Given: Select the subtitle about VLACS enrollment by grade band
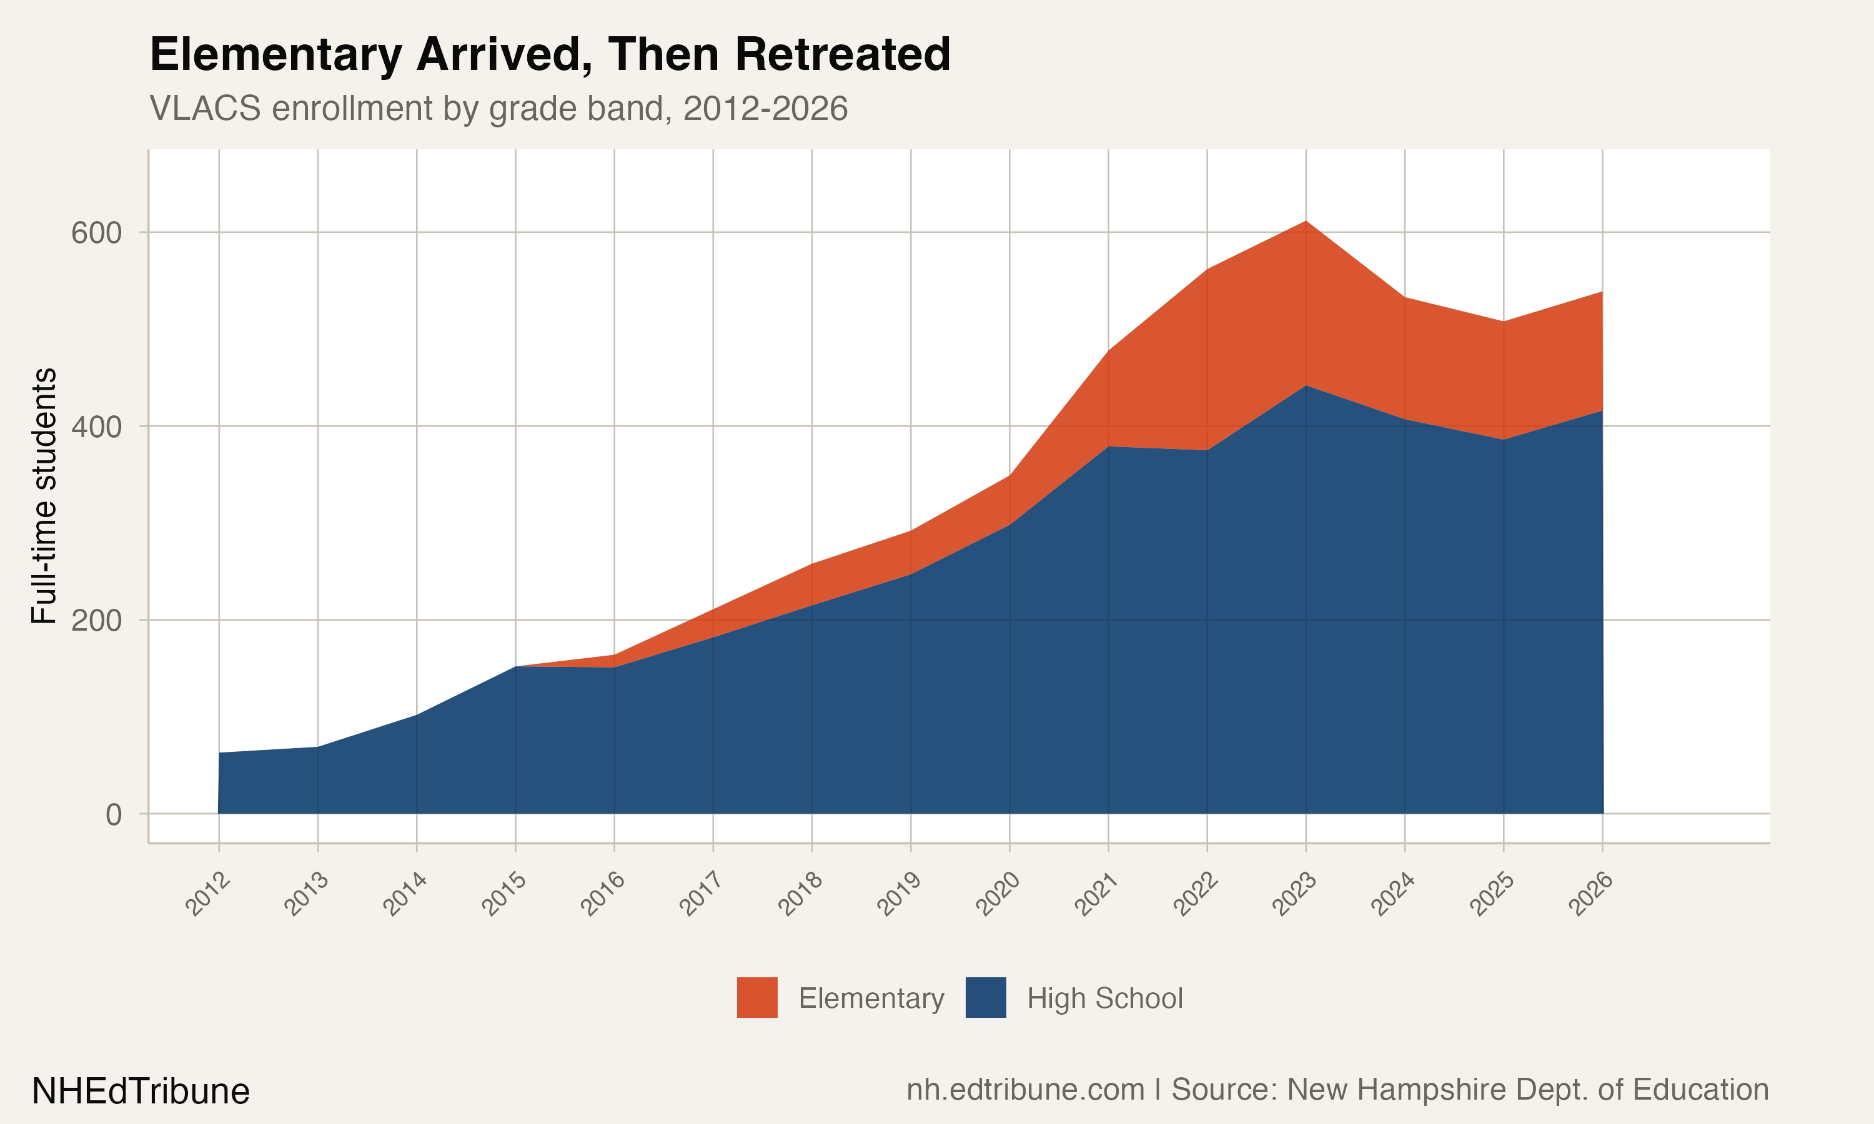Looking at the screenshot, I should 498,108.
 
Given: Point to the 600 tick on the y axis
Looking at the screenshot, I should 96,232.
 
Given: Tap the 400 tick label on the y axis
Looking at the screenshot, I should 96,426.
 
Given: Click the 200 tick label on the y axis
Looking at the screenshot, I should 96,620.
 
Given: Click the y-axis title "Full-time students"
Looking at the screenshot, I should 44,496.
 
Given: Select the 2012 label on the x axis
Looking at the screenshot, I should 207,894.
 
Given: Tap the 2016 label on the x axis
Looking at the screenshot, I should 603,894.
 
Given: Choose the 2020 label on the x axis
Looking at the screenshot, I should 998,894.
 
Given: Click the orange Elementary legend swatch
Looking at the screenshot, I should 756,997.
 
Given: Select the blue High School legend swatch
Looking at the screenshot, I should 986,997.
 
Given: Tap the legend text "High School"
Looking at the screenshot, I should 1104,998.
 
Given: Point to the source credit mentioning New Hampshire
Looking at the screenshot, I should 1337,1089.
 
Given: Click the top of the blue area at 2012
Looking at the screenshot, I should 220,753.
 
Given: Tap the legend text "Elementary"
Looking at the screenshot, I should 871,998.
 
